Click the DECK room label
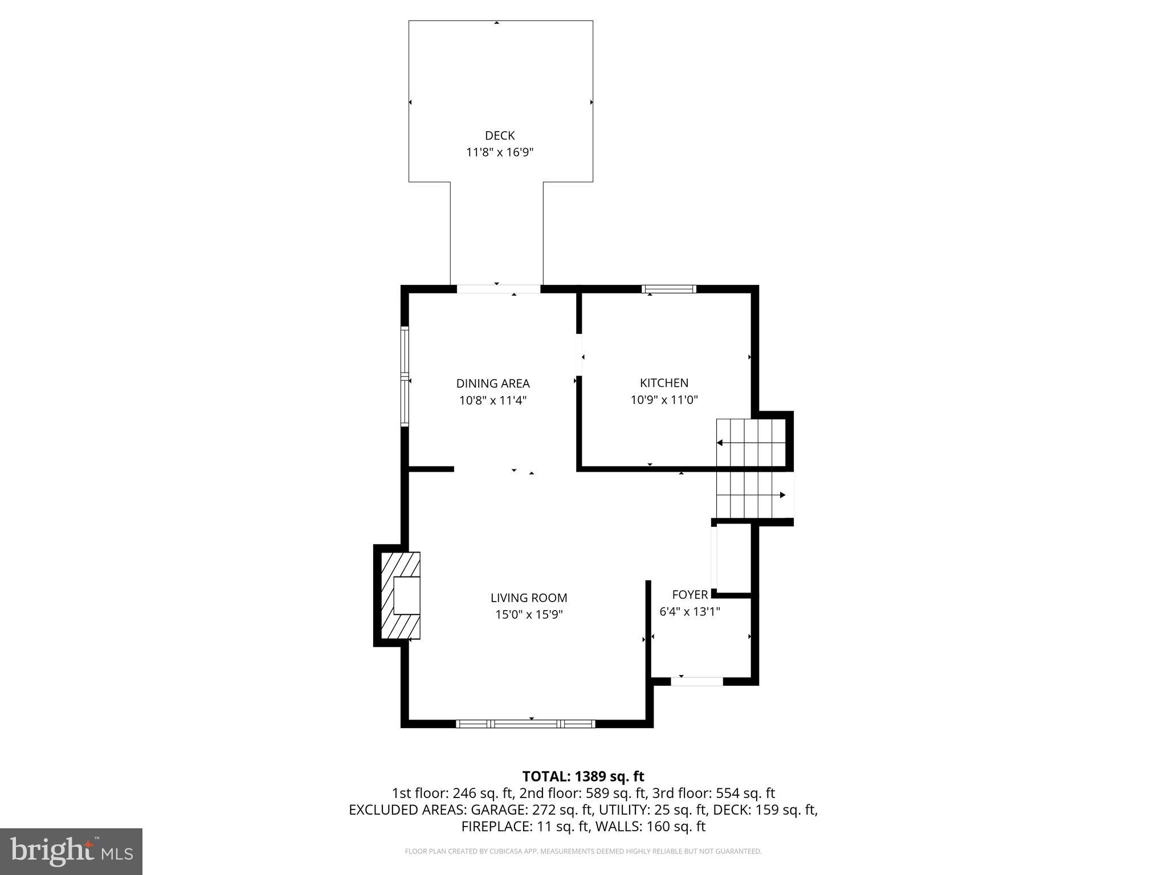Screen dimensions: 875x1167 click(499, 136)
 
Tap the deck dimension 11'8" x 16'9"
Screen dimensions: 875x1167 click(499, 153)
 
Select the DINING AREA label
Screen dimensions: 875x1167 click(492, 383)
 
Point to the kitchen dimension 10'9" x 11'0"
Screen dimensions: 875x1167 click(664, 400)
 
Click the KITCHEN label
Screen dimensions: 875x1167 click(664, 383)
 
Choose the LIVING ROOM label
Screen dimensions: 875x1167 click(529, 598)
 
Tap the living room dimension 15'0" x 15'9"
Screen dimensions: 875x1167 click(529, 615)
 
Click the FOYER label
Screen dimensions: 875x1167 click(689, 595)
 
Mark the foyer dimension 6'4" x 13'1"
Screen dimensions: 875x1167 click(689, 612)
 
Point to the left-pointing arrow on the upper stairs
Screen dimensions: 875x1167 click(720, 443)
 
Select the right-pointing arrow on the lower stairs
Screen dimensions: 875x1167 click(782, 495)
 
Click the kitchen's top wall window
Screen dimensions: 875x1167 click(669, 289)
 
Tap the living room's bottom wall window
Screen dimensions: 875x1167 click(525, 724)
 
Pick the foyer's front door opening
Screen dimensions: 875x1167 click(696, 681)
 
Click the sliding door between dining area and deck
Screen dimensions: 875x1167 click(499, 289)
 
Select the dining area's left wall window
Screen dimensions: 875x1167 click(405, 377)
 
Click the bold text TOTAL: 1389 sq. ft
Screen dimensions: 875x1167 click(583, 776)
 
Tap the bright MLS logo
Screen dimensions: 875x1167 click(71, 851)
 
